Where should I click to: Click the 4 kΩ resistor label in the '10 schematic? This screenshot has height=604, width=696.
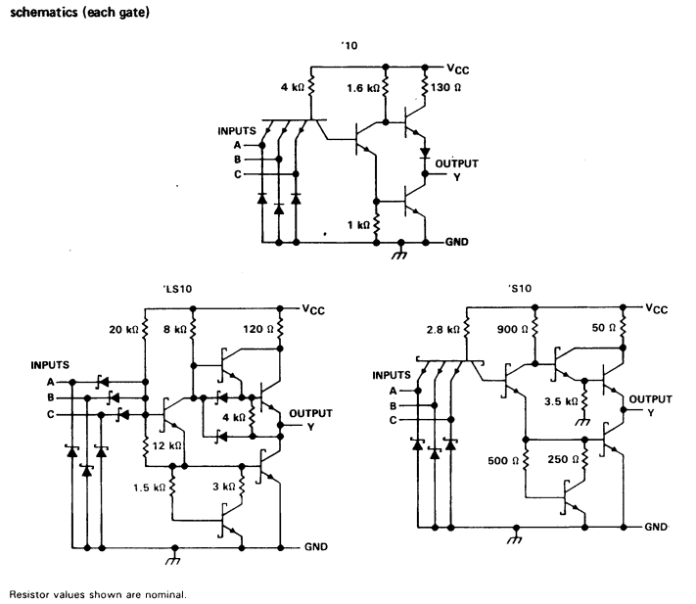[x=292, y=87]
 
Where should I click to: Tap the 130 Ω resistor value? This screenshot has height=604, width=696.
[x=445, y=87]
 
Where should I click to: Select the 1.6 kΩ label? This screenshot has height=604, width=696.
[x=363, y=88]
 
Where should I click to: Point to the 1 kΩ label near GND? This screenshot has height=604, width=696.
[x=358, y=225]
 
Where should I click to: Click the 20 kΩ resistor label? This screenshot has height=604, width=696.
[x=124, y=330]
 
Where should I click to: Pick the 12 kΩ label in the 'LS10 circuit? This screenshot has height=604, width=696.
[x=166, y=445]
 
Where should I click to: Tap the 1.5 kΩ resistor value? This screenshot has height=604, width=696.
[x=150, y=488]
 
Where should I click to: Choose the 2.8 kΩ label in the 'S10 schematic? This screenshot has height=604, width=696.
[x=443, y=330]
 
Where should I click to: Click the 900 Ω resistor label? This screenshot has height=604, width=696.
[x=513, y=329]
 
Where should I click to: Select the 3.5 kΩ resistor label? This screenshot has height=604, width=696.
[x=561, y=401]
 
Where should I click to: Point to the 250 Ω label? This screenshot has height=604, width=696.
[x=563, y=459]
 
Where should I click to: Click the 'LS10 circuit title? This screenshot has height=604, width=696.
[x=177, y=289]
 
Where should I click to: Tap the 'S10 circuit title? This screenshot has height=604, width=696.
[x=520, y=289]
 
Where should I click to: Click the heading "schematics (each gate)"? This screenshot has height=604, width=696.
[x=80, y=12]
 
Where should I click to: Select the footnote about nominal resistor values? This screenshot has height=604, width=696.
[x=98, y=594]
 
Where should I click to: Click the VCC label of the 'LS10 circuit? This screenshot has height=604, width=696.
[x=313, y=309]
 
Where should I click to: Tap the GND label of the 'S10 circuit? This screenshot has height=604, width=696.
[x=656, y=527]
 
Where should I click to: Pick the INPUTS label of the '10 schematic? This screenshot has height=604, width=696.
[x=237, y=131]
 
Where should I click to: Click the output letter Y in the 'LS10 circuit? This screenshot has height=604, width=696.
[x=310, y=427]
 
